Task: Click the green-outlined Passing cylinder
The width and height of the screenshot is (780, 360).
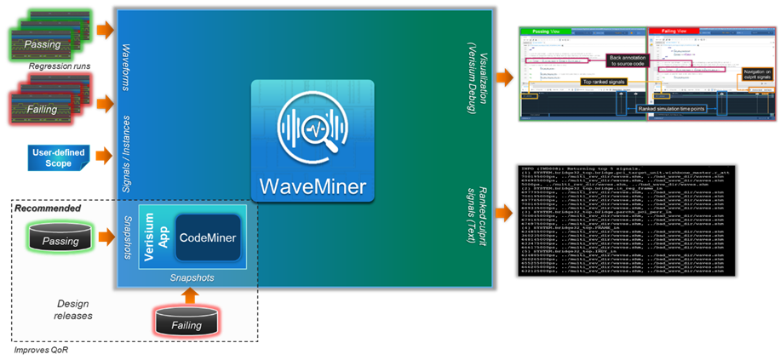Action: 60,240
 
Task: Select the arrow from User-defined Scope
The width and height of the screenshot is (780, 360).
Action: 104,157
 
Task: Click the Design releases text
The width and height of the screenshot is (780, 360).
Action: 72,309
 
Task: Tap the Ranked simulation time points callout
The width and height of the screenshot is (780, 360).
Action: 671,109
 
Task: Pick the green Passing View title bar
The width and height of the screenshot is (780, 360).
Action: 582,31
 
